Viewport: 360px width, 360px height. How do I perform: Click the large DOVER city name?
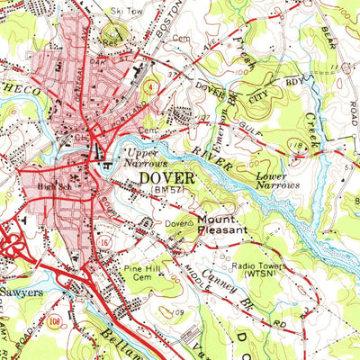(x=166, y=179)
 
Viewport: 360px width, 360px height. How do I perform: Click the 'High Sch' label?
(x=58, y=185)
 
